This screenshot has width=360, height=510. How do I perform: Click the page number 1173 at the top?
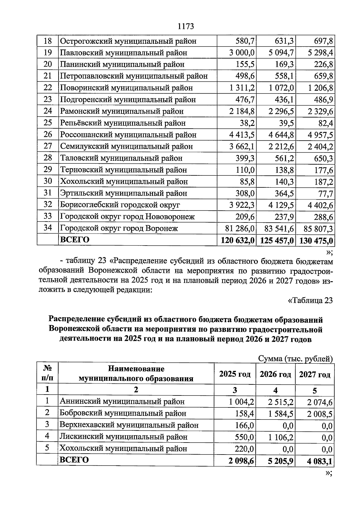click(x=186, y=26)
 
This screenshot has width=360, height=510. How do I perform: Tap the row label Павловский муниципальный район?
click(x=124, y=53)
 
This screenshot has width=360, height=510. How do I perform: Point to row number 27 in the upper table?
click(x=48, y=146)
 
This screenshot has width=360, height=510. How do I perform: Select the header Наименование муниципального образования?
click(x=136, y=374)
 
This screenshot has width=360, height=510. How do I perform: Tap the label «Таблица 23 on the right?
click(x=310, y=300)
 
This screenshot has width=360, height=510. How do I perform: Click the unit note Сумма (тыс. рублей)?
click(x=295, y=359)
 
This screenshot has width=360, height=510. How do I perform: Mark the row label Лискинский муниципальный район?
click(x=124, y=437)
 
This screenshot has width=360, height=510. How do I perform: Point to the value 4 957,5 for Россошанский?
click(x=320, y=135)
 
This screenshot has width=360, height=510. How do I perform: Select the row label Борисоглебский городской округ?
click(x=120, y=205)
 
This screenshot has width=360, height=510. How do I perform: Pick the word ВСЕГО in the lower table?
click(x=74, y=460)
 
